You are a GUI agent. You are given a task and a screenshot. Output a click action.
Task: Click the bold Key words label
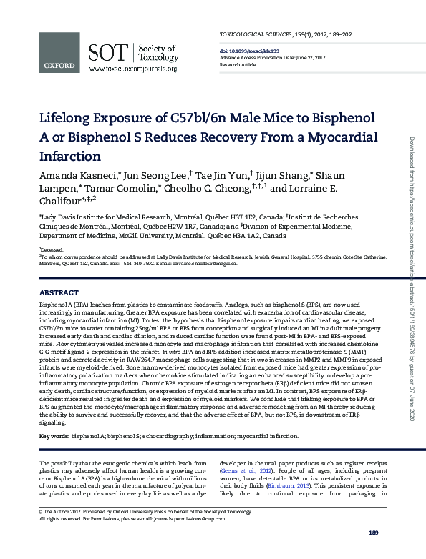click(54, 435)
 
